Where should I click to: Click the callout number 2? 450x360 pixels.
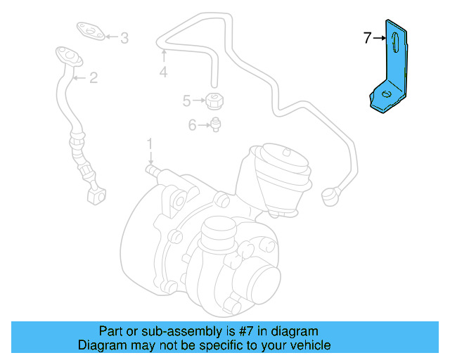click(93, 78)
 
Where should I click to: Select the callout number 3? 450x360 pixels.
click(124, 39)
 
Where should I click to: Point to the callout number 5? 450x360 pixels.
click(187, 101)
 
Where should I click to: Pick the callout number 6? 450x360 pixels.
click(192, 126)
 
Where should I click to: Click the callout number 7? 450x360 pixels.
click(367, 39)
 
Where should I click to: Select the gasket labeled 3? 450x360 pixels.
click(89, 30)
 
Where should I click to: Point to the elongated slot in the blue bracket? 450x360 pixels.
click(396, 42)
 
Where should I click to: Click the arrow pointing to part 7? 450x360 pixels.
click(380, 39)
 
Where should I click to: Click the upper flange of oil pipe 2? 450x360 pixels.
click(64, 53)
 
